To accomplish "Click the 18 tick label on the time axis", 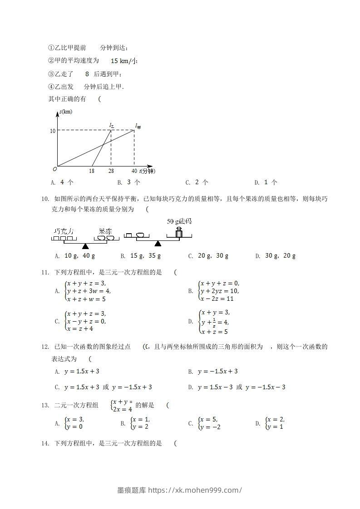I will point(92,171).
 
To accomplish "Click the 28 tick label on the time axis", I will point(111,171).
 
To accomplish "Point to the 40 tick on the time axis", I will point(134,171).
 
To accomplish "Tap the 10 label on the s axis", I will point(53,131).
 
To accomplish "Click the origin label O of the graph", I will point(54,169).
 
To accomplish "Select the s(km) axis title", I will point(65,112).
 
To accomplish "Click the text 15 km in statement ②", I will point(121,61).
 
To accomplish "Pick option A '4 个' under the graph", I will point(63,182).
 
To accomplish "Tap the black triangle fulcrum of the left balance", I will point(85,246).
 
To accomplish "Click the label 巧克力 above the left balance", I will point(64,231).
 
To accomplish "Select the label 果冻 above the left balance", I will point(105,231).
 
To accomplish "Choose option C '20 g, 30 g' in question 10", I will point(208,256).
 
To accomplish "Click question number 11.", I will point(45,272).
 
